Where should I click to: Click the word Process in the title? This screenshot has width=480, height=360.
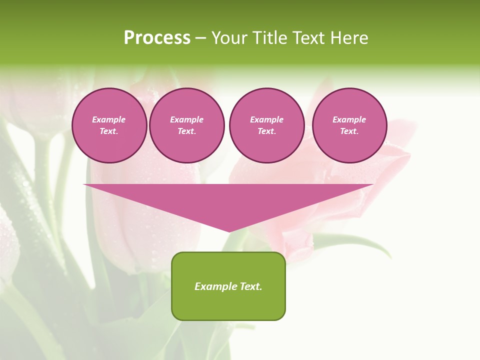(157, 38)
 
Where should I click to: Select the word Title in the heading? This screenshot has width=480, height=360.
(272, 38)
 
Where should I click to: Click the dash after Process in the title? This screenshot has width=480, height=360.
(200, 38)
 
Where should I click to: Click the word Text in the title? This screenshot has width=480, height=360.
(309, 38)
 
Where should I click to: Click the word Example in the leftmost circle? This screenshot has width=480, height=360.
(109, 119)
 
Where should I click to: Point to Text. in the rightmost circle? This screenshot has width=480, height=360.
(349, 131)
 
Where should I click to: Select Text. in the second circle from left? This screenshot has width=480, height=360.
(187, 131)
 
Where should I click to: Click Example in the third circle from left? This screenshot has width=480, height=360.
(267, 119)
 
